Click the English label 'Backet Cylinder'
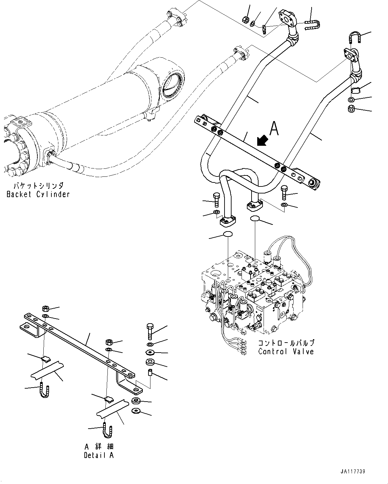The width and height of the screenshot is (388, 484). point(38,194)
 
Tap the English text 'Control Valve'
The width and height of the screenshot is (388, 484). point(286,351)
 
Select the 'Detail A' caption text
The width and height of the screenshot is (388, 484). point(99,455)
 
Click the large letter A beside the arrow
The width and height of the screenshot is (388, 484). point(274,128)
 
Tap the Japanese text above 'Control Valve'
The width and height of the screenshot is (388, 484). point(286,343)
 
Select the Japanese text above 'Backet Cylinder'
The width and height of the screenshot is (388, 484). point(38,186)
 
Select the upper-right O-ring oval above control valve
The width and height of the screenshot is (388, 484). point(255,219)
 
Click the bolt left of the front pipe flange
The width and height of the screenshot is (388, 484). point(216,199)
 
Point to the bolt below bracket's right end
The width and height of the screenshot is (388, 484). point(284,192)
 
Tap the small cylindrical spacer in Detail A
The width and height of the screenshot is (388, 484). point(150,372)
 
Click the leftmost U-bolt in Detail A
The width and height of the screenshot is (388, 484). point(44,390)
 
